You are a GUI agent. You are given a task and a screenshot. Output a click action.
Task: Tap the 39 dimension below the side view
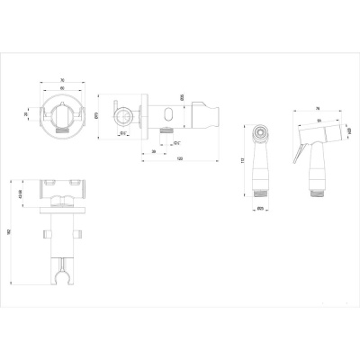click(155, 151)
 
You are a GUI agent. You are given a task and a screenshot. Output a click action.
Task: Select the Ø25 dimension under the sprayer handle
click(259, 210)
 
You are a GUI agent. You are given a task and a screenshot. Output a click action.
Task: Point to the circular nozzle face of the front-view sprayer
click(260, 132)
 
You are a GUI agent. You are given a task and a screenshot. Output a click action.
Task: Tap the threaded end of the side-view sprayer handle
click(316, 191)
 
